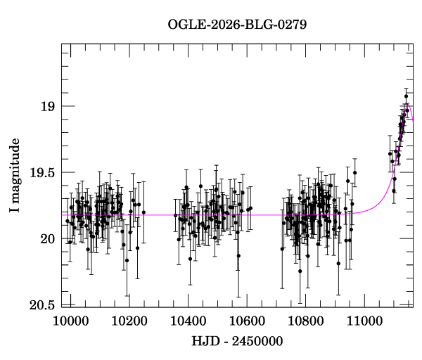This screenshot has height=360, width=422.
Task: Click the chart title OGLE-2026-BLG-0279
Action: (237, 25)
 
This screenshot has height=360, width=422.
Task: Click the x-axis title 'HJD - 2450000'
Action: (237, 342)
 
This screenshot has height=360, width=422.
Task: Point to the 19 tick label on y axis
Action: (47, 107)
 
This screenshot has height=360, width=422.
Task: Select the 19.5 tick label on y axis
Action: (41, 173)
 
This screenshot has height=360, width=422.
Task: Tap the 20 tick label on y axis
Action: (47, 239)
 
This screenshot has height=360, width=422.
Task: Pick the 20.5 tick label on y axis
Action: (41, 305)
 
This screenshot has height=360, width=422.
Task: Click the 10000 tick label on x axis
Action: (70, 321)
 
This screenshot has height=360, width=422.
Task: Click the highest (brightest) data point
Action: (406, 96)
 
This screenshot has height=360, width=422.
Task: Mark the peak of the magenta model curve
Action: (407, 105)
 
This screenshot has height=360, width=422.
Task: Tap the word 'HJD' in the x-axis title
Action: (205, 342)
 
